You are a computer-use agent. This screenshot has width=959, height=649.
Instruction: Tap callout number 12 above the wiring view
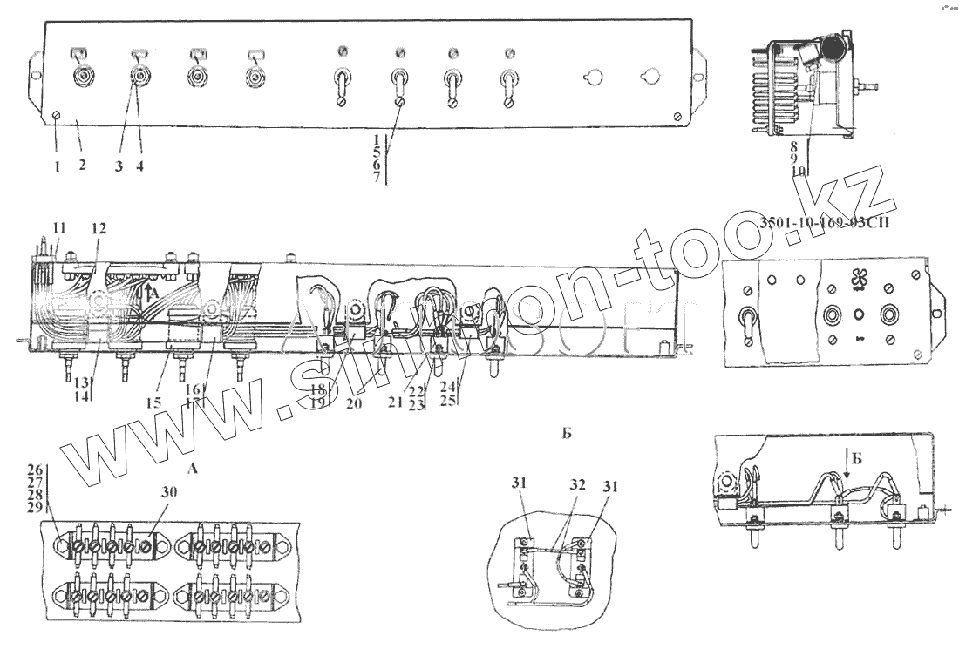click(99, 228)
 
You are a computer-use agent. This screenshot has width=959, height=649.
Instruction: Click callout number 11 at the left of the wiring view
click(58, 228)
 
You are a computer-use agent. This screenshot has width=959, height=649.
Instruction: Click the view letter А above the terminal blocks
click(194, 470)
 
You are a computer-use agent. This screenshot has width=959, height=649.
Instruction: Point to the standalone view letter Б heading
click(566, 433)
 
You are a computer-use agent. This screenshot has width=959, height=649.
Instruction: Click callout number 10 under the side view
click(797, 172)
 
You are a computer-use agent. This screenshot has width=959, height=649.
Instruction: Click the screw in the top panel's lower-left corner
click(57, 116)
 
